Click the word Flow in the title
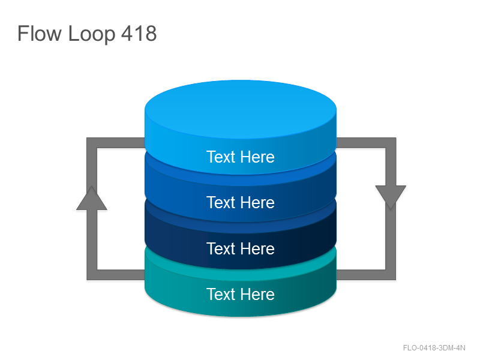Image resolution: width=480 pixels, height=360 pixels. point(40,34)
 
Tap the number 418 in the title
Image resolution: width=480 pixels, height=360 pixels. point(139,34)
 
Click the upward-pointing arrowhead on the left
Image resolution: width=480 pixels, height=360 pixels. point(92,198)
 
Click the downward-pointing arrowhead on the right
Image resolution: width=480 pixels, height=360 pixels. point(391,197)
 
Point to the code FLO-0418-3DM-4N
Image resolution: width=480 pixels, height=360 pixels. point(434,348)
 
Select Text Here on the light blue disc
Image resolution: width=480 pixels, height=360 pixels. point(241,157)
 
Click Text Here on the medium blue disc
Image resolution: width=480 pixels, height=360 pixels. point(241,203)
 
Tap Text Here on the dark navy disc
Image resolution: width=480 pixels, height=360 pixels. point(241,248)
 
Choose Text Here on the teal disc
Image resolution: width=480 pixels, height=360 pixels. point(241,294)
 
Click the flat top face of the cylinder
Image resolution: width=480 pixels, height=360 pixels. point(241,109)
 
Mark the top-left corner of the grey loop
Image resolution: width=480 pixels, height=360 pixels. point(92,143)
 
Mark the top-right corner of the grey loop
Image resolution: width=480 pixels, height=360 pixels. point(391,143)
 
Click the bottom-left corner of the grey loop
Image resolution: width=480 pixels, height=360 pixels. point(92,275)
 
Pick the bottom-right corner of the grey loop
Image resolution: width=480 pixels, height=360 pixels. point(391,275)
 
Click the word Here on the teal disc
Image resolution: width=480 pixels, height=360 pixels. point(257,294)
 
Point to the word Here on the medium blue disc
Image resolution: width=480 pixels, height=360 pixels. point(257,203)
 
